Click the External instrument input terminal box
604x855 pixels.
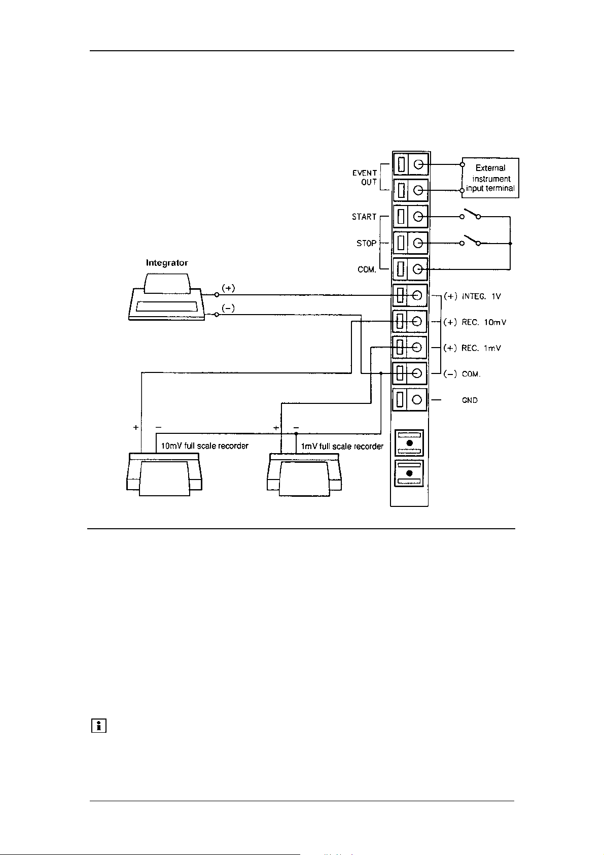tap(490, 178)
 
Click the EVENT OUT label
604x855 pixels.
tap(365, 178)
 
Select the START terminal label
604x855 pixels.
tap(364, 217)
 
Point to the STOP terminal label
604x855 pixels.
tap(366, 244)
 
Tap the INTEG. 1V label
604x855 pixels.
tap(481, 296)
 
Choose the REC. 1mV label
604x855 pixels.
tap(481, 348)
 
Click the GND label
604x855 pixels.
tap(470, 400)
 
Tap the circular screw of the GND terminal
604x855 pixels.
tap(417, 400)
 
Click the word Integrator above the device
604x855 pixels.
tap(167, 263)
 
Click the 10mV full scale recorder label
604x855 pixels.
tap(204, 446)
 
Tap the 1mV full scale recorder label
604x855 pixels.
tap(342, 447)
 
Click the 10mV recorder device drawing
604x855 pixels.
tap(164, 474)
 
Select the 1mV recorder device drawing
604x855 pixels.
tap(305, 474)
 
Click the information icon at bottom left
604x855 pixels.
tap(98, 726)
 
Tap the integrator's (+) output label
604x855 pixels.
tap(228, 288)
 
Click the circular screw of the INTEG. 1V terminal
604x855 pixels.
tap(417, 295)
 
